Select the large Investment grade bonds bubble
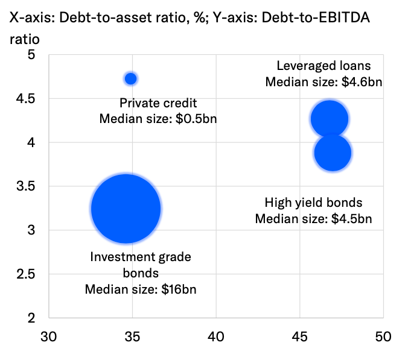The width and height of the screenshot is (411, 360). tap(126, 209)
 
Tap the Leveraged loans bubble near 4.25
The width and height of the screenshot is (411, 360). tap(329, 118)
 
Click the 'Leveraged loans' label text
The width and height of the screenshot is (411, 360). tap(323, 66)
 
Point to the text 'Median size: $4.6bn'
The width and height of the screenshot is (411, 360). tap(325, 81)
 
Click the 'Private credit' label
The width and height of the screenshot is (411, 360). tap(158, 103)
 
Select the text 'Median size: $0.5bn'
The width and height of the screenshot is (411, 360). tap(158, 119)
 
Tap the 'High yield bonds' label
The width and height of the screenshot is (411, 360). tap(313, 203)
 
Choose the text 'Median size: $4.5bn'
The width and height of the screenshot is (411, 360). tap(313, 218)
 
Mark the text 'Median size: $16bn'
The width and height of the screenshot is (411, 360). tap(141, 289)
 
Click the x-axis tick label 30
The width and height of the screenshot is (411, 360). tap(48, 335)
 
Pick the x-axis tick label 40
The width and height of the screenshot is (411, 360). tap(216, 335)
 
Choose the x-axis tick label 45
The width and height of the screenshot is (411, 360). tap(299, 335)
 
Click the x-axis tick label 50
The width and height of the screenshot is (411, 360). tap(383, 335)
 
